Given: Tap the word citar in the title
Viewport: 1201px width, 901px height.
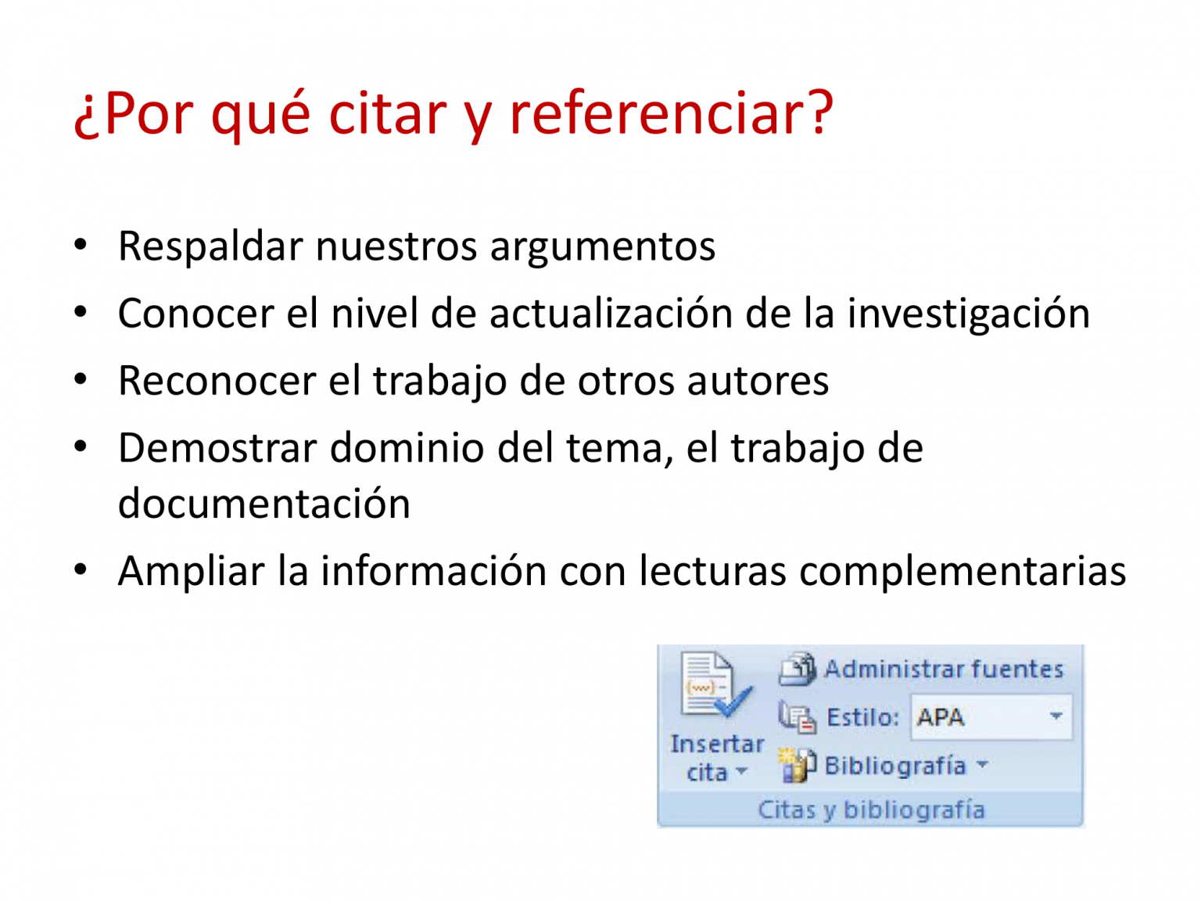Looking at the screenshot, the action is click(388, 113).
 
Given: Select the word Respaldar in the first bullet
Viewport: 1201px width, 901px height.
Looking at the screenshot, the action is click(210, 247).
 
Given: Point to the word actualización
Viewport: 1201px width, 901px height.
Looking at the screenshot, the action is click(611, 313).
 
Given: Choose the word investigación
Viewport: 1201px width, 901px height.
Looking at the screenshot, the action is click(969, 314).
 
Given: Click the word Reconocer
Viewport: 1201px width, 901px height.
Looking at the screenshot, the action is click(217, 381).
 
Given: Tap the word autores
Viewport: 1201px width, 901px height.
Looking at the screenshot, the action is click(758, 382).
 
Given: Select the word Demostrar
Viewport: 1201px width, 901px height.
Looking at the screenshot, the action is click(217, 448).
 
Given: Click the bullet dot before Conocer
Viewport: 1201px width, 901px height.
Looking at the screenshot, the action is click(81, 312).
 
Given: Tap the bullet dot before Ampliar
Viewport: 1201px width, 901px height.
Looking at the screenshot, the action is click(81, 569).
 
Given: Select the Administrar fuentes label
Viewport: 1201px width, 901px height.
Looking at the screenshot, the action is click(943, 669).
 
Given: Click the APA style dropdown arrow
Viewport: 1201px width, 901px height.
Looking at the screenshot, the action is click(1056, 716).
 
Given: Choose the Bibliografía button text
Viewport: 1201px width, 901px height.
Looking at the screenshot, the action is click(894, 765).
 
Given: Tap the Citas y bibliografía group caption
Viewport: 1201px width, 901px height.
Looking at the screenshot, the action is click(870, 809).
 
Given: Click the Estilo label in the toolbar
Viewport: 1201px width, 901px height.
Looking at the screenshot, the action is click(862, 717).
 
